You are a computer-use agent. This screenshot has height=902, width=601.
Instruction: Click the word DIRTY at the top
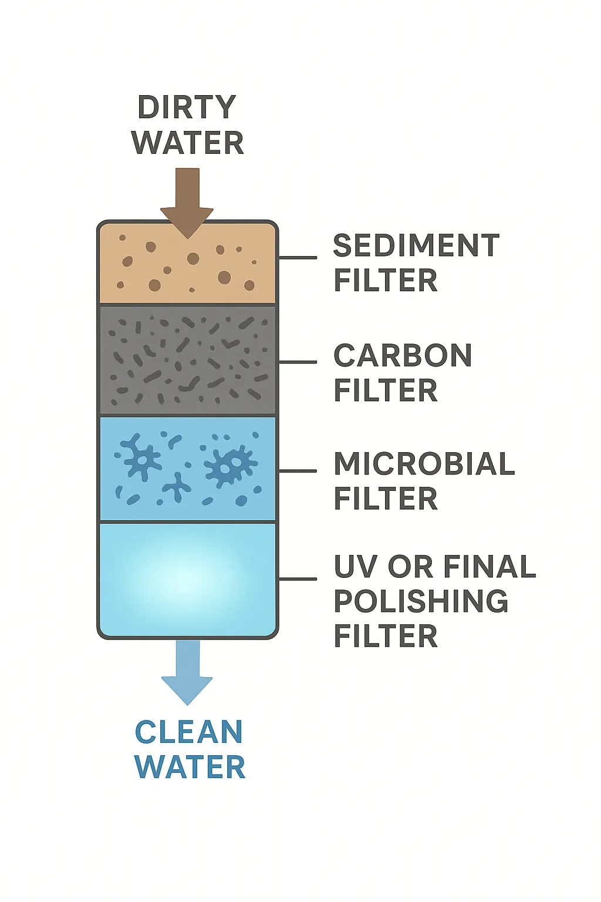tap(187, 107)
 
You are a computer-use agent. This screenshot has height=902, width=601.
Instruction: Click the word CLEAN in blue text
tap(189, 732)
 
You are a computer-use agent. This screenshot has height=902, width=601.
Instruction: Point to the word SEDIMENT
tap(416, 245)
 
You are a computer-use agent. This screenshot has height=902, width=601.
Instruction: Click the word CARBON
tap(403, 355)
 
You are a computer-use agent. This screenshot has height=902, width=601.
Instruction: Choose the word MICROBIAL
tap(424, 464)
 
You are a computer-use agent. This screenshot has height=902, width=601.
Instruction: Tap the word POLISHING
tap(421, 601)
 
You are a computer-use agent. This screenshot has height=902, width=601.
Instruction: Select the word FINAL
tap(489, 567)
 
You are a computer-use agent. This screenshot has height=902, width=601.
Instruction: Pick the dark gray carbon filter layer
tap(187, 361)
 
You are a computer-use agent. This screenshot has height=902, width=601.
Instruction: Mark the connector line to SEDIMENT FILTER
tap(298, 257)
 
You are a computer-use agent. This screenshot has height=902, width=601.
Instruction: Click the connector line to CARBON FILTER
tap(298, 362)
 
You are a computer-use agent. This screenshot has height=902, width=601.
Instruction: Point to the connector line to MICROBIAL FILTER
tap(298, 471)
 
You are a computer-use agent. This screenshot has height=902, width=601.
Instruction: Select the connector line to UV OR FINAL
tap(298, 579)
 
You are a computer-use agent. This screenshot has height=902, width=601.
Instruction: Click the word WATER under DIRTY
tap(188, 143)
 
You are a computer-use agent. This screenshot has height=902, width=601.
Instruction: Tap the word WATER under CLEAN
tap(190, 768)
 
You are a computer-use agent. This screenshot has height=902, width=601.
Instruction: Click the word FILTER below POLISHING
tap(386, 636)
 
